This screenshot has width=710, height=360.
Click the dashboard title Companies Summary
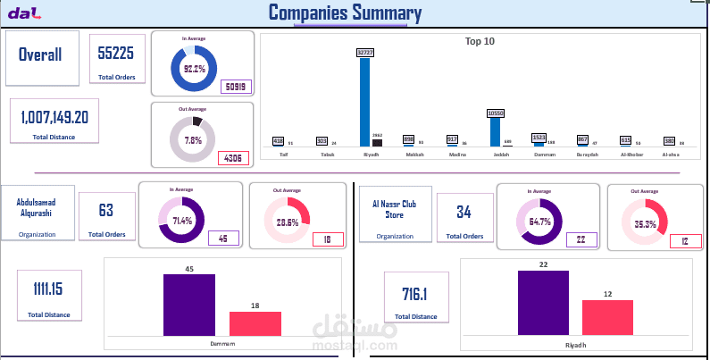click(345, 13)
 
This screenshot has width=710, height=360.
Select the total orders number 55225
click(116, 54)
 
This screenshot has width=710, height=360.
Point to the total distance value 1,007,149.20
click(54, 116)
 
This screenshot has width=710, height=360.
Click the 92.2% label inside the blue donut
click(194, 68)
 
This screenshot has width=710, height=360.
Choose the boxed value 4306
click(233, 158)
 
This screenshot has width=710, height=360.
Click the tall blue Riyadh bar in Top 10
click(364, 101)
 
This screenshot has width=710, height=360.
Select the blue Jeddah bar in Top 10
click(495, 131)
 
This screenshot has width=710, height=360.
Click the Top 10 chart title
click(480, 41)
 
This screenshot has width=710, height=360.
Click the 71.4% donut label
click(181, 221)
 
